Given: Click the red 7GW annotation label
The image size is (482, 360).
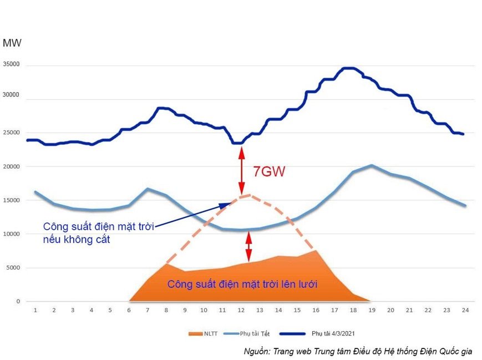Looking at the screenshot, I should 269,171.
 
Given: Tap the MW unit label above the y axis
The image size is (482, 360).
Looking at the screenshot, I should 12,43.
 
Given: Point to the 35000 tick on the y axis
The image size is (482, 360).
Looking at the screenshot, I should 11,64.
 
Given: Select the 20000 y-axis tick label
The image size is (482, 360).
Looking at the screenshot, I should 11,166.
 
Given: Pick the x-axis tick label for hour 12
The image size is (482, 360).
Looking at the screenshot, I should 241,310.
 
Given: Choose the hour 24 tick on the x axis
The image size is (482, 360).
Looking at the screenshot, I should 465,310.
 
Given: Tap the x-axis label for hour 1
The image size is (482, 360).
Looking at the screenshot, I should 35,310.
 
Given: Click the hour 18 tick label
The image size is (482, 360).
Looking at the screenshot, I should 353,310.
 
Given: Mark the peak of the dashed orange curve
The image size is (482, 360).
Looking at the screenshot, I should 248,195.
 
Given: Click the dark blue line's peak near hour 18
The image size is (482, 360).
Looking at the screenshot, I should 348,68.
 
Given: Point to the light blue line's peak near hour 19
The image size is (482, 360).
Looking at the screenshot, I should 371,165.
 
